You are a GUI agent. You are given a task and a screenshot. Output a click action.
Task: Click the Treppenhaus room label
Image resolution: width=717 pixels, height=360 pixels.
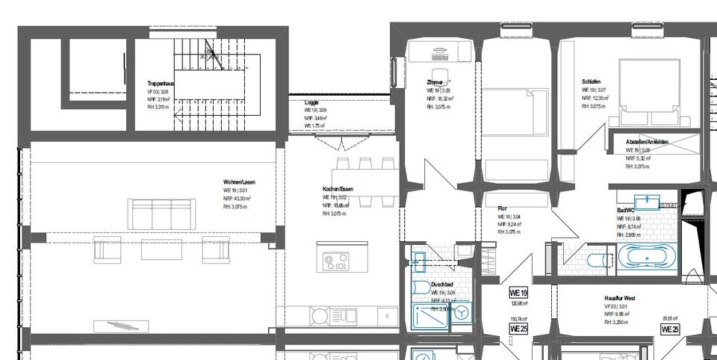(x=161, y=84)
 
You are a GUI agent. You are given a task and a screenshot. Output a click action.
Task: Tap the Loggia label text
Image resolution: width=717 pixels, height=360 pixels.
(x=311, y=102)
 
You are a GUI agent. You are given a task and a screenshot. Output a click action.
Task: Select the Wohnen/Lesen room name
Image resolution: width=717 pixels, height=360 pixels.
(x=239, y=182)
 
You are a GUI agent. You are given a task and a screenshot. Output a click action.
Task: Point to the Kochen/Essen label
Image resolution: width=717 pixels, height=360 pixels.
(x=338, y=189)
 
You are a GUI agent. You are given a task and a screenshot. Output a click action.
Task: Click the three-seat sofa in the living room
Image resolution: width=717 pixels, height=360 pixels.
(x=162, y=214)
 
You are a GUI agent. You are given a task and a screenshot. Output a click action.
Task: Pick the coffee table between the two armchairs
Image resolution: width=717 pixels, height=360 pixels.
(x=161, y=249)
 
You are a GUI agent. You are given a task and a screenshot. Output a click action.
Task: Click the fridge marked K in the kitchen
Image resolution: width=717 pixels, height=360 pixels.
(x=387, y=316)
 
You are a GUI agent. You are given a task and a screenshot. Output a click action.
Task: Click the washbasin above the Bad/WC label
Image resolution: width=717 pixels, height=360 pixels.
(x=647, y=202)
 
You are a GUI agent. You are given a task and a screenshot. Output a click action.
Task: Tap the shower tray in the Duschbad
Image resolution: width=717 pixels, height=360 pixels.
(x=431, y=316)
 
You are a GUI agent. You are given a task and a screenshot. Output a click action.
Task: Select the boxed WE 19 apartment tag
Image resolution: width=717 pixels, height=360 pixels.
(x=518, y=293)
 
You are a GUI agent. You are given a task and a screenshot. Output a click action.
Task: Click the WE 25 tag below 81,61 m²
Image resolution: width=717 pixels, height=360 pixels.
(x=670, y=329)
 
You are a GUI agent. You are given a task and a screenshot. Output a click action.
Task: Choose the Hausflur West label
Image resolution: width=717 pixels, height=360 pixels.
(x=620, y=298)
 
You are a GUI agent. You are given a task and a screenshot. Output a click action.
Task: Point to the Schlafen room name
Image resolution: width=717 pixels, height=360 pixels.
(x=591, y=81)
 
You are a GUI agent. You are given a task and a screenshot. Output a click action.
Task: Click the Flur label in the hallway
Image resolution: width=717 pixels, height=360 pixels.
(x=503, y=208)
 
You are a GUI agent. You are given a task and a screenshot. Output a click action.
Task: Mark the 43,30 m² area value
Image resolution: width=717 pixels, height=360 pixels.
(x=241, y=199)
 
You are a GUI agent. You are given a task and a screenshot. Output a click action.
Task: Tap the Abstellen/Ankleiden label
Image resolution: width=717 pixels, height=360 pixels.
(x=647, y=142)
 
